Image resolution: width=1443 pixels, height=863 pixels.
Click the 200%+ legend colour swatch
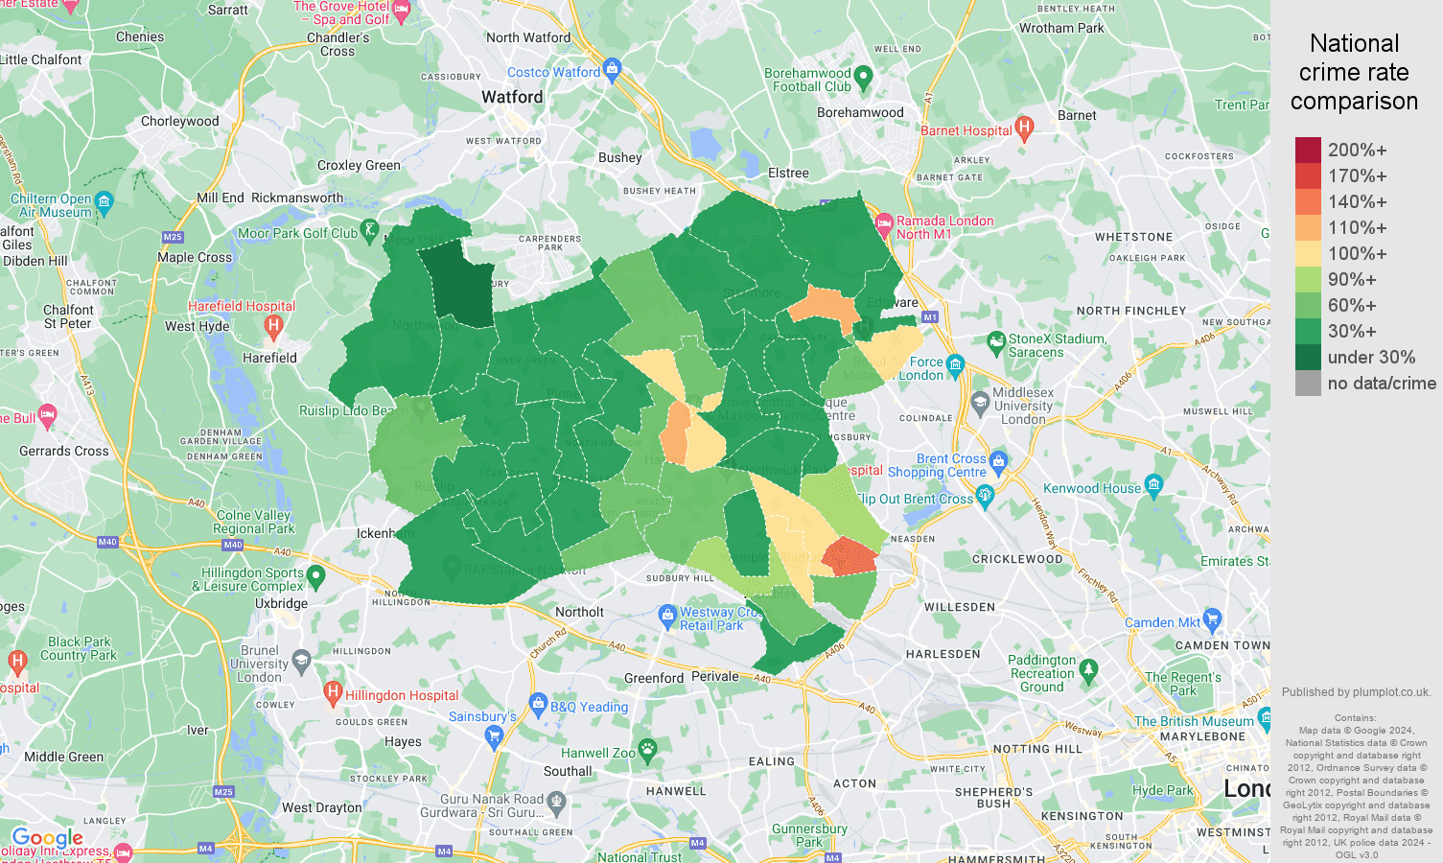tap(1308, 150)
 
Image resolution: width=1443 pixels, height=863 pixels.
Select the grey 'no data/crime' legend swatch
tap(1308, 384)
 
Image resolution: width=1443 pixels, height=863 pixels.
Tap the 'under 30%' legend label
tap(1371, 358)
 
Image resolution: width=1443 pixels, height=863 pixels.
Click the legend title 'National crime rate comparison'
tap(1354, 72)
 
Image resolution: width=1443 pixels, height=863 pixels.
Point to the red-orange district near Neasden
tap(850, 557)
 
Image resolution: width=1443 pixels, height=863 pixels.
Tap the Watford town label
tap(512, 97)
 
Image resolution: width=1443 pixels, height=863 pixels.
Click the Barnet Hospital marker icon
tap(1024, 127)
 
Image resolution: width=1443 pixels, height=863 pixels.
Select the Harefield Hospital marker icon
tap(273, 325)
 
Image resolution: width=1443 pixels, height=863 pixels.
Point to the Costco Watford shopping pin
tap(613, 68)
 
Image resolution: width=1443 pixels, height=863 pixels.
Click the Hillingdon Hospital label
tap(402, 695)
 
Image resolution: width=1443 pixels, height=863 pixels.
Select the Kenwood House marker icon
tap(1153, 484)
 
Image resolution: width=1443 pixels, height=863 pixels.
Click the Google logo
tap(47, 838)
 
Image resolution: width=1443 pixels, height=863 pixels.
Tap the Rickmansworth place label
tap(297, 198)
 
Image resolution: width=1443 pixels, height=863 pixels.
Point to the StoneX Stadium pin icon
tap(996, 340)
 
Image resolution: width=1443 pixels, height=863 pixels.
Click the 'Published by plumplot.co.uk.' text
tap(1356, 692)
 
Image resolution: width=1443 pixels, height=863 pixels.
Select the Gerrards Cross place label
tap(64, 451)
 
